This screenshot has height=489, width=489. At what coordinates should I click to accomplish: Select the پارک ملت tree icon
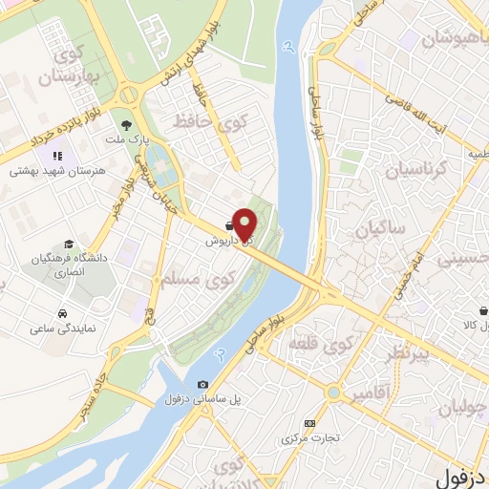click(125, 123)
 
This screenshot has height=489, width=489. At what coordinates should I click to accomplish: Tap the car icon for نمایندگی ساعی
click(62, 313)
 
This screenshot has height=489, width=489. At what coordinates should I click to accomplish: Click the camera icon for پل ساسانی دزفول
click(202, 384)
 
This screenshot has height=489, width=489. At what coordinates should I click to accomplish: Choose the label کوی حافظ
click(199, 122)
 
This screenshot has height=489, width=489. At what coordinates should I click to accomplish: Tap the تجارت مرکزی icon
click(308, 423)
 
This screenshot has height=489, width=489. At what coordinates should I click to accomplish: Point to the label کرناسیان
click(415, 172)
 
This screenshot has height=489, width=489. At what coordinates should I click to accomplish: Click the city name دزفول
click(462, 474)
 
